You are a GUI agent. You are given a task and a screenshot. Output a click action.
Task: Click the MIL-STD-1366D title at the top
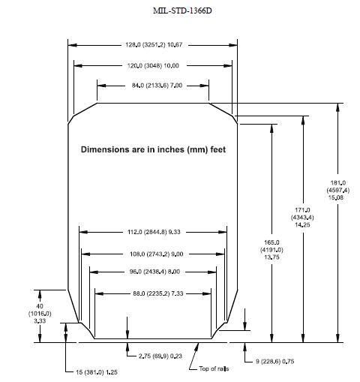point(182,11)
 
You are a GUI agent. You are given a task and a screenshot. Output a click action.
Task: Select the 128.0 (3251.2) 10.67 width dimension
point(154,45)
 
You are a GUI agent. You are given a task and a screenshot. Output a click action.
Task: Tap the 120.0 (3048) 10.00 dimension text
point(153,65)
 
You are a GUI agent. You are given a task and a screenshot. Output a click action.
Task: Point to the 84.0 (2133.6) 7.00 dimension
point(157,86)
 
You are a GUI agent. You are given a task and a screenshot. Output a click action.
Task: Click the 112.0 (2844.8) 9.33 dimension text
point(154,232)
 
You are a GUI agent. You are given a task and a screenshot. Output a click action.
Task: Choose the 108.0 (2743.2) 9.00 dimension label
point(157,254)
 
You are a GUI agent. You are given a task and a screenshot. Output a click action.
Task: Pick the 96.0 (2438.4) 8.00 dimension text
point(154,272)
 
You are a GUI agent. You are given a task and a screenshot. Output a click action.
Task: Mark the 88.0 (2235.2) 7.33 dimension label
point(158,293)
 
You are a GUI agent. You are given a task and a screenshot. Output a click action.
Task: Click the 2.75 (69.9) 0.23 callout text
point(160,356)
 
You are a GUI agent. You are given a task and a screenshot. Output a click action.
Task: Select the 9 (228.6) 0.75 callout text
point(274,361)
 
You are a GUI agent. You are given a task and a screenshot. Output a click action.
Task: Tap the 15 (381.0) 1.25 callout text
point(97,372)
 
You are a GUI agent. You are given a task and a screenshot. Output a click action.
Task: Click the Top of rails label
point(214,368)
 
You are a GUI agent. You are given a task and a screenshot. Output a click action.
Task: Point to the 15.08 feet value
point(336,197)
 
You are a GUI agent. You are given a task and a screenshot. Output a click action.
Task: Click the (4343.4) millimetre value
point(302,217)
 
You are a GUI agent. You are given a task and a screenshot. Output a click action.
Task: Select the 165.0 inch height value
point(271,242)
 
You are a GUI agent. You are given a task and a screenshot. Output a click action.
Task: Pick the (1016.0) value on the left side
point(40,313)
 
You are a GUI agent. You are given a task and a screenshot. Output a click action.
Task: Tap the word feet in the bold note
point(218,149)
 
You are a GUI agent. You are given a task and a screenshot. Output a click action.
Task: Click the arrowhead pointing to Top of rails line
point(197,346)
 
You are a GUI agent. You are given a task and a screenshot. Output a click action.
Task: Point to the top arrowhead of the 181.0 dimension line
point(337,107)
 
